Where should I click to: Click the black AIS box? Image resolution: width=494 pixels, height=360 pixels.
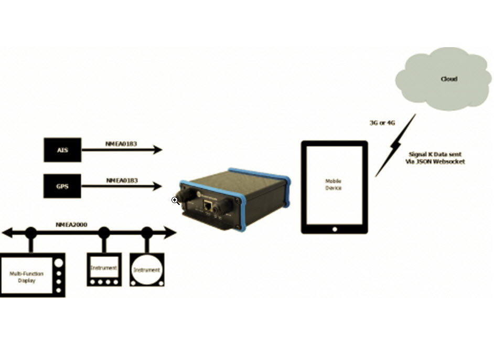click(x=62, y=150)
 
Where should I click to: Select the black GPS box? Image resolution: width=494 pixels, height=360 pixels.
click(x=62, y=186)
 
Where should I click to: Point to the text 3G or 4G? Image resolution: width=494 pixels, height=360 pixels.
click(x=382, y=122)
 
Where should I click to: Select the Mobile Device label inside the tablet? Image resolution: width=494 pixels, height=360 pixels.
click(x=334, y=184)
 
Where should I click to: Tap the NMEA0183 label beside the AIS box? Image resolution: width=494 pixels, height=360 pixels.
click(x=122, y=143)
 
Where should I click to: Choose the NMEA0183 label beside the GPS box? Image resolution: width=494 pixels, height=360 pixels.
click(x=122, y=180)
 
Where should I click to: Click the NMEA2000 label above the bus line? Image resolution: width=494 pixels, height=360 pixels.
click(x=71, y=225)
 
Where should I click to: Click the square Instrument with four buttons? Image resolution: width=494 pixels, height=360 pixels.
click(x=103, y=270)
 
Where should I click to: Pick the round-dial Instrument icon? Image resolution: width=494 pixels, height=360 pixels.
click(x=147, y=270)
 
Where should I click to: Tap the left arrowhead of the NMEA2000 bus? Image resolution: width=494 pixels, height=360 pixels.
click(x=7, y=231)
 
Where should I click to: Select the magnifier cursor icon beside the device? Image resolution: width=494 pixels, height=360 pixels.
click(x=175, y=200)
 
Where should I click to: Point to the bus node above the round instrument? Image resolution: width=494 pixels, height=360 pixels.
click(x=147, y=231)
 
